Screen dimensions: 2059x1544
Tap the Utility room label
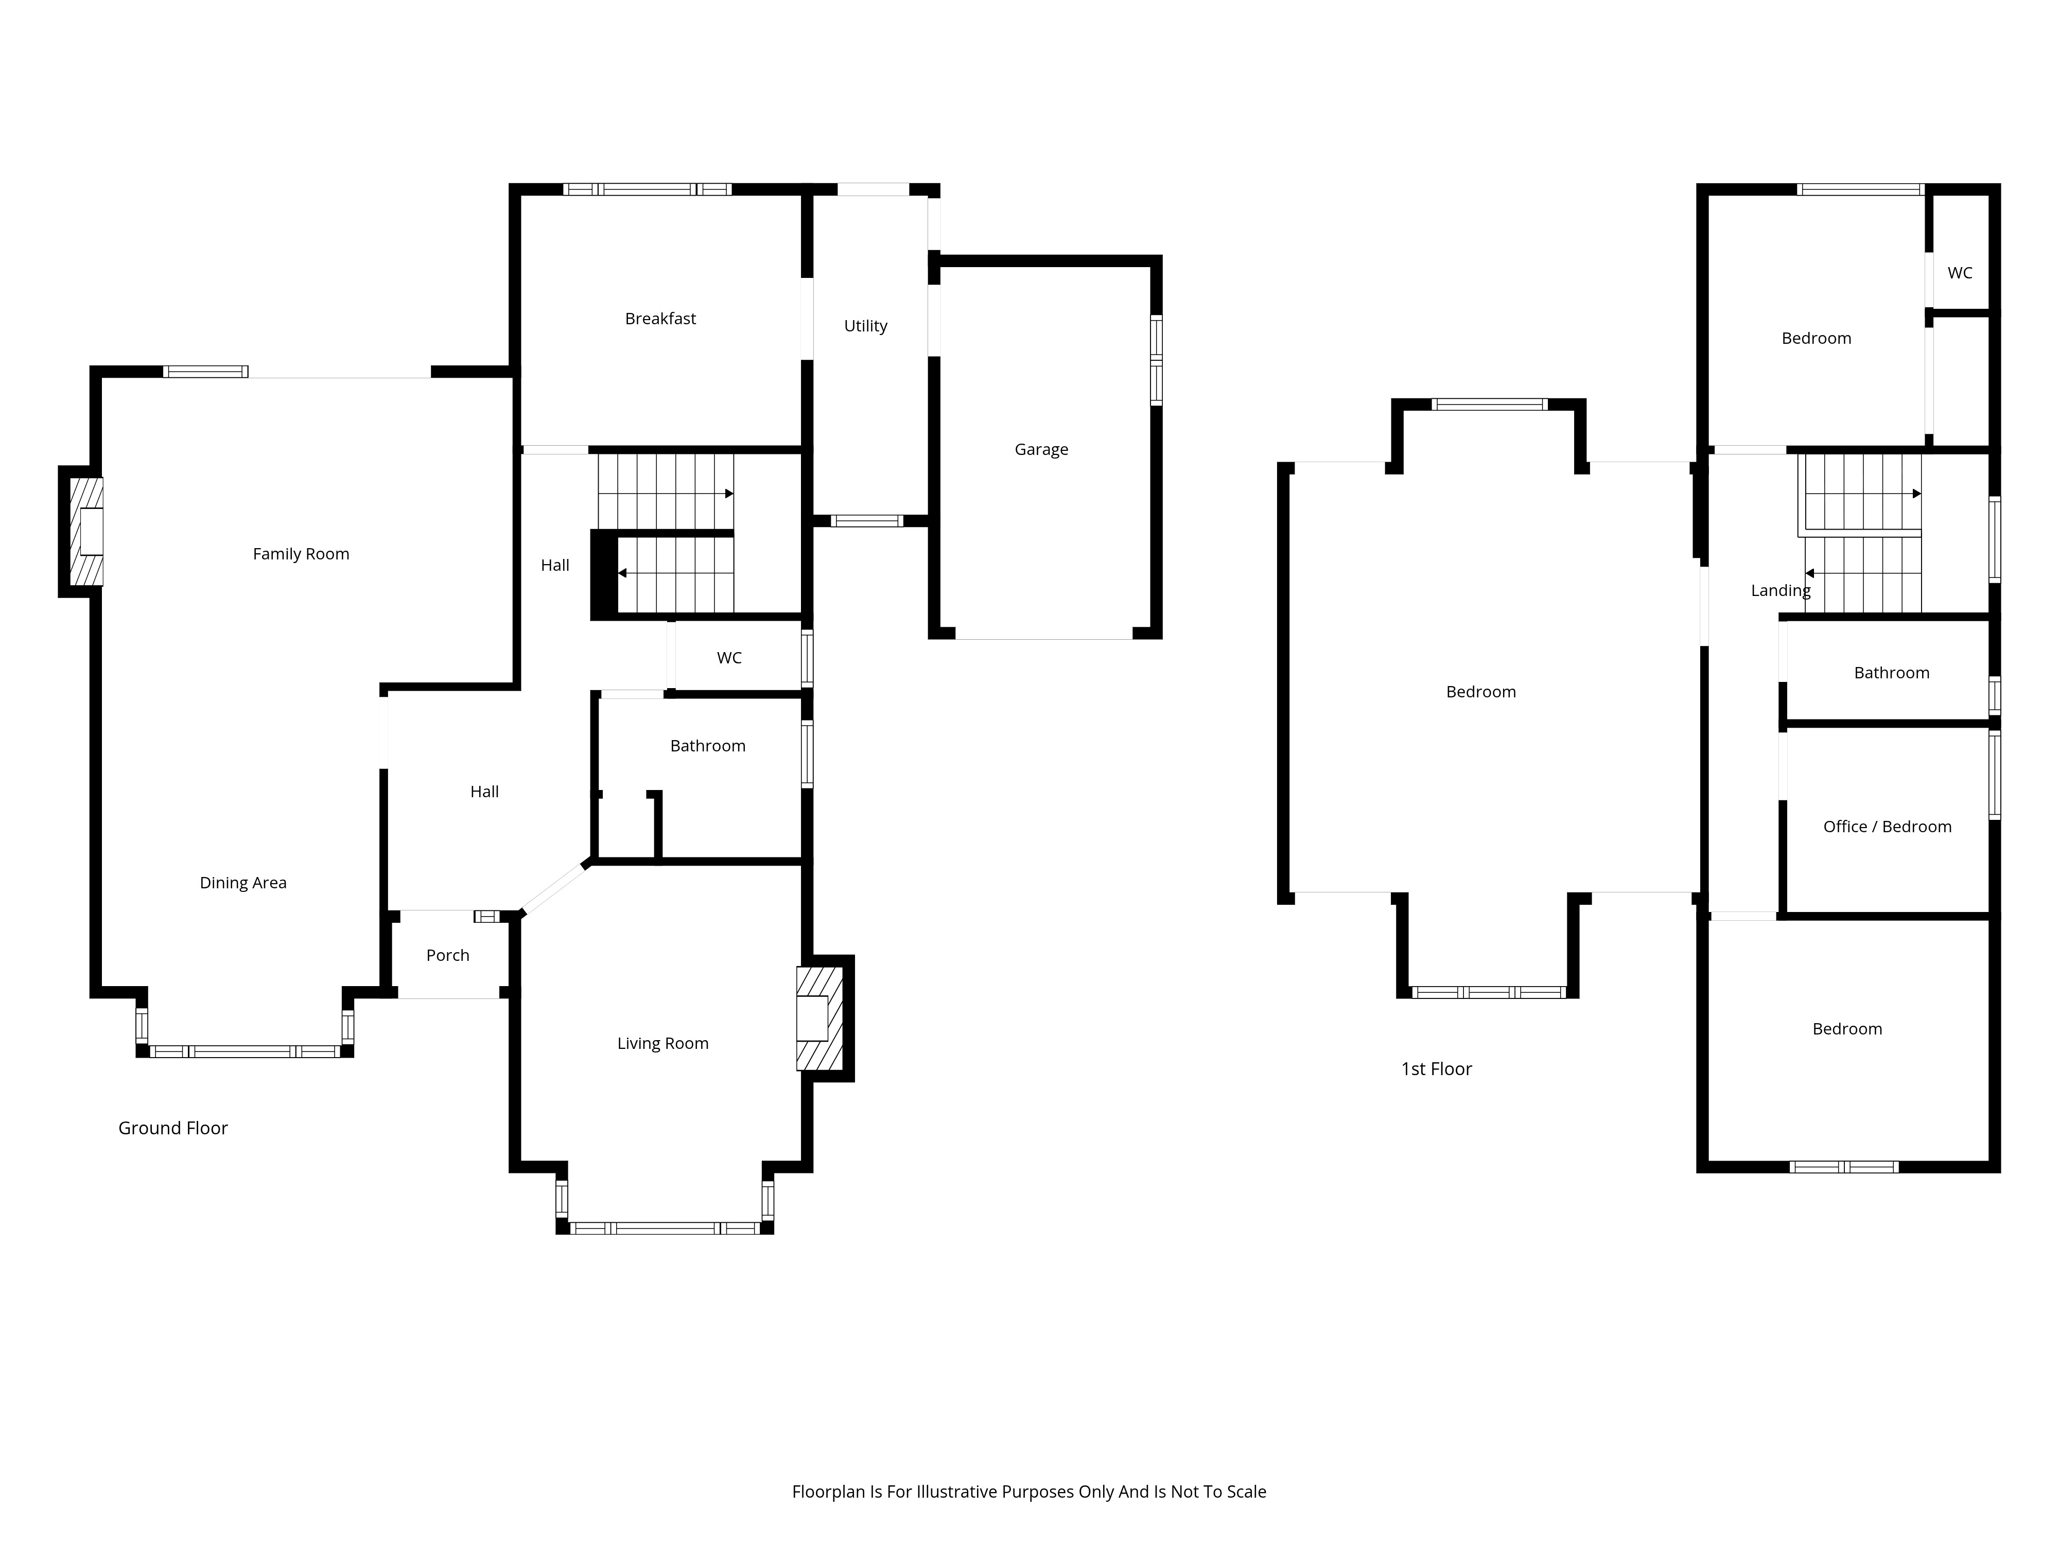[x=866, y=326]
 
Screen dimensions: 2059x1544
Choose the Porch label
[x=448, y=955]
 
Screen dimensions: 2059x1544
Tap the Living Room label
[x=663, y=1043]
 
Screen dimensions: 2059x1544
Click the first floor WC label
[x=1960, y=273]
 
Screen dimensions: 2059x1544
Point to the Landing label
[x=1780, y=590]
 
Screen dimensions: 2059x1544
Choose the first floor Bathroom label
[x=1892, y=673]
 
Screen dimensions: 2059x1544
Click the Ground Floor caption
[x=173, y=1128]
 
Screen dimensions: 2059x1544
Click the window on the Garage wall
[x=1156, y=360]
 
